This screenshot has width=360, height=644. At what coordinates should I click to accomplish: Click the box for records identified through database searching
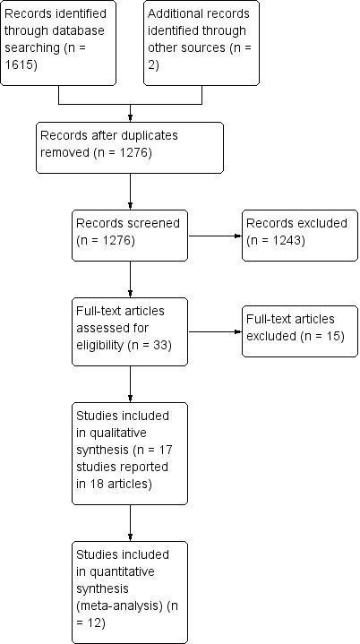pyautogui.click(x=58, y=43)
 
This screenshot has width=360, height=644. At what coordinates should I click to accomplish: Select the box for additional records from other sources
pyautogui.click(x=201, y=43)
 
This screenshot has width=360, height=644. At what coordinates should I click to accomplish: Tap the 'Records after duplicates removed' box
pyautogui.click(x=130, y=147)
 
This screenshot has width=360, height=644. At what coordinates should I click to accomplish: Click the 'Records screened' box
pyautogui.click(x=130, y=236)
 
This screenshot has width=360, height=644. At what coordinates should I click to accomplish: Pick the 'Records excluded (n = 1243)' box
pyautogui.click(x=299, y=236)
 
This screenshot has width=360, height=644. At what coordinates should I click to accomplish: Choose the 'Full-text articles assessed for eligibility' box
pyautogui.click(x=130, y=331)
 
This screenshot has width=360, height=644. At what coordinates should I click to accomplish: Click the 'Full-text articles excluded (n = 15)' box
pyautogui.click(x=299, y=331)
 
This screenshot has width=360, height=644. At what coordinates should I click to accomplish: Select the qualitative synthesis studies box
pyautogui.click(x=130, y=452)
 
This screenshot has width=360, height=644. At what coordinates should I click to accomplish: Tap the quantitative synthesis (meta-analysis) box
pyautogui.click(x=130, y=591)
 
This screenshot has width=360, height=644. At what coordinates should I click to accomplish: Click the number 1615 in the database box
pyautogui.click(x=20, y=78)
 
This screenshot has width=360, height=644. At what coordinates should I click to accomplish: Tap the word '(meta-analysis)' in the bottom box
pyautogui.click(x=116, y=606)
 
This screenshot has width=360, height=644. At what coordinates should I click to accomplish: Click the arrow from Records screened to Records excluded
pyautogui.click(x=215, y=236)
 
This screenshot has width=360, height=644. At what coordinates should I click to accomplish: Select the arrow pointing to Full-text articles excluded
pyautogui.click(x=215, y=331)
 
